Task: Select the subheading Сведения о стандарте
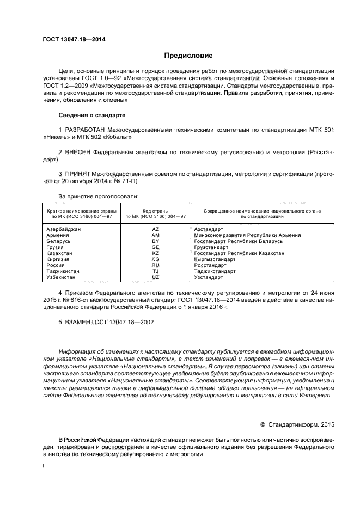91,116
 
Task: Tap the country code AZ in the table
155,229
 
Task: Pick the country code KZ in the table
155,253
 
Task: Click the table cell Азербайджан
64,229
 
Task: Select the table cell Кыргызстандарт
216,259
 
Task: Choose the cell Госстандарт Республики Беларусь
238,241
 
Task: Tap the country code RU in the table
155,265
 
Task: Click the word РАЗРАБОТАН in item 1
89,130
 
